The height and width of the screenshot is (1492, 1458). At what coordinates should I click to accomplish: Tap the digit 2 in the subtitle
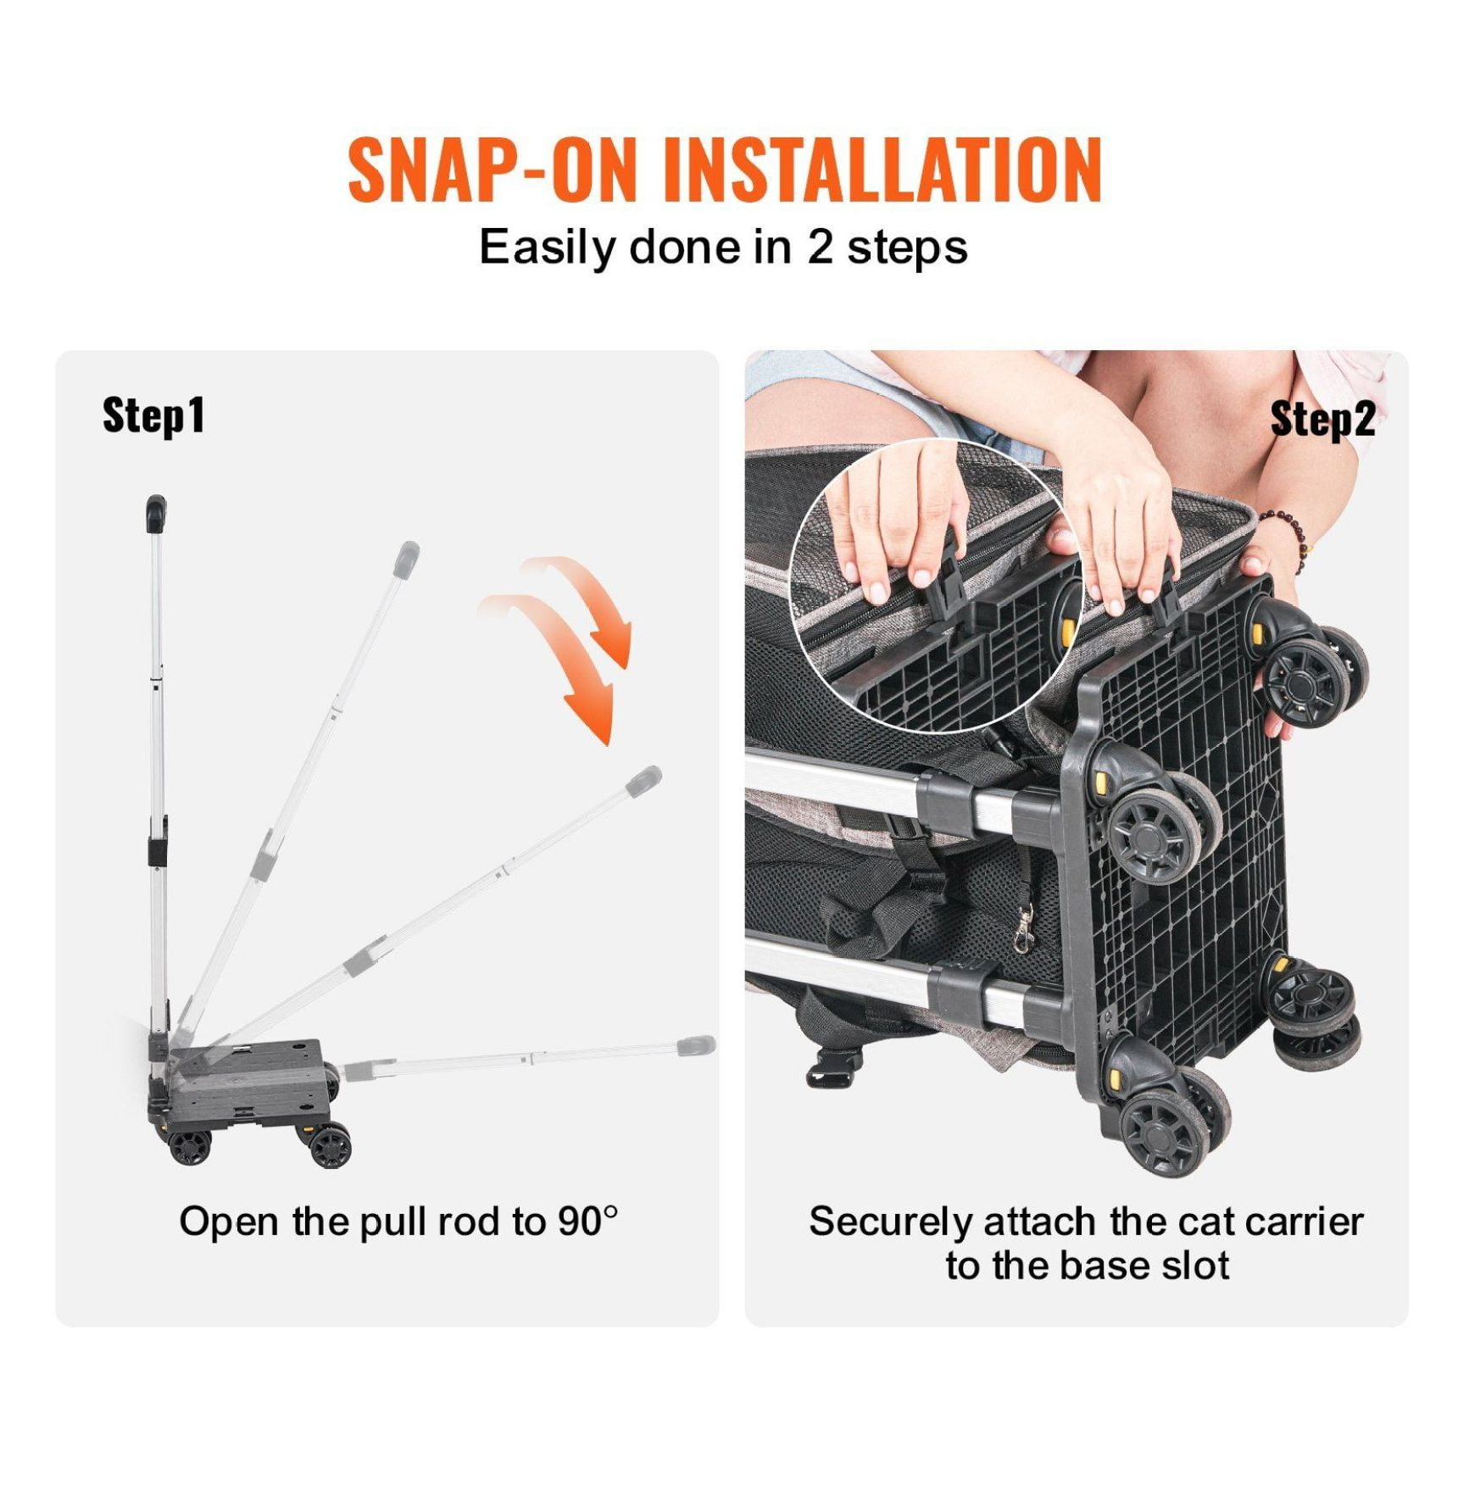pyautogui.click(x=819, y=248)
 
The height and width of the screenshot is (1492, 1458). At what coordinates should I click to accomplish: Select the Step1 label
pyautogui.click(x=153, y=415)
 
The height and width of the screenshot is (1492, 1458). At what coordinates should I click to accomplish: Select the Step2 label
pyautogui.click(x=1322, y=419)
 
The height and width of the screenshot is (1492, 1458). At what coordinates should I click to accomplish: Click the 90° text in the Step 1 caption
pyautogui.click(x=587, y=1222)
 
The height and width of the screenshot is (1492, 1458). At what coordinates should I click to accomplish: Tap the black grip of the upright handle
pyautogui.click(x=155, y=514)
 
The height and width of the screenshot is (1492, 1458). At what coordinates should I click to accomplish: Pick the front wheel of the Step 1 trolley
pyautogui.click(x=330, y=1145)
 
